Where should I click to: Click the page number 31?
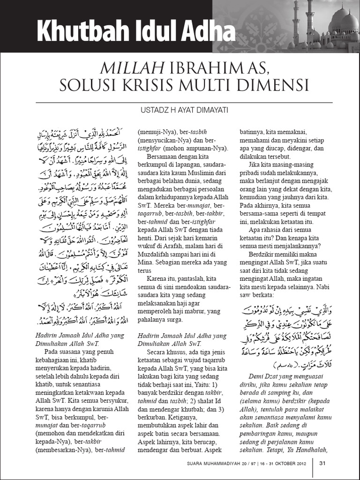pos(322,464)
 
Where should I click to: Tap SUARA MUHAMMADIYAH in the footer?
pos(209,464)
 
